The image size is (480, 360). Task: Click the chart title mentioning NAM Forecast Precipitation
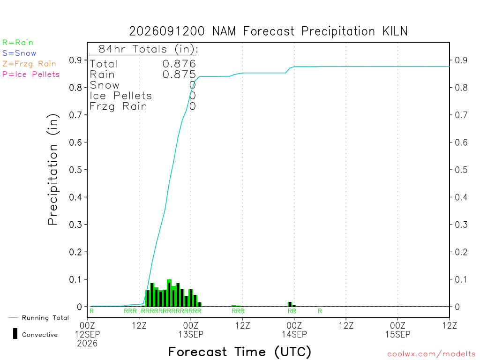268,31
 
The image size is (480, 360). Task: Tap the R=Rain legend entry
18,43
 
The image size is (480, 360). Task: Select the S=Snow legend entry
19,53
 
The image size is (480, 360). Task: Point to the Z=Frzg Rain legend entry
29,64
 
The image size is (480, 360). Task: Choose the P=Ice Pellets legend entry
31,75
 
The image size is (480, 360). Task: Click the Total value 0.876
179,64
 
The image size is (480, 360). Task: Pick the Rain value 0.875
179,75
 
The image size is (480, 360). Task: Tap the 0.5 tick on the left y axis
75,170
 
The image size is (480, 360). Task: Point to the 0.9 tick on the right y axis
461,60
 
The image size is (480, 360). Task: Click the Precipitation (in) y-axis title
52,170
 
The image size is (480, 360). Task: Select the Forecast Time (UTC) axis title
240,352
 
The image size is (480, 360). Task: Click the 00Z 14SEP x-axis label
294,330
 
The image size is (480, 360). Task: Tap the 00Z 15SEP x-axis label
397,330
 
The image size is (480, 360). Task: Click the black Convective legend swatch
15,334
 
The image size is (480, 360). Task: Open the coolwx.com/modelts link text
431,354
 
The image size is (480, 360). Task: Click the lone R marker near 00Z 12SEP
91,311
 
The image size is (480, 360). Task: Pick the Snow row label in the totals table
105,85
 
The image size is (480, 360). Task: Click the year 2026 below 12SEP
87,344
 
